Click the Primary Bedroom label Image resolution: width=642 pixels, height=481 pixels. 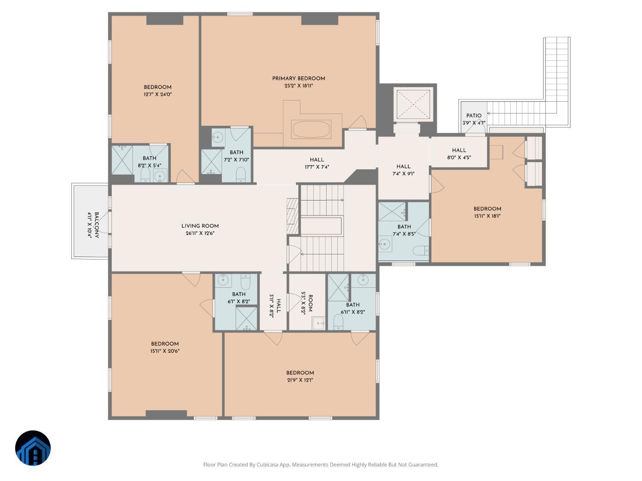pyautogui.click(x=298, y=78)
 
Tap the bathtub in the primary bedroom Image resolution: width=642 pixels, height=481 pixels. pyautogui.click(x=311, y=130)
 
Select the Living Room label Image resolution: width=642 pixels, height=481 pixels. pyautogui.click(x=200, y=226)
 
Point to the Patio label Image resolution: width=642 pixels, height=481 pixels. pyautogui.click(x=474, y=115)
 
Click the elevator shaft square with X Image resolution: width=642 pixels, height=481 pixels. pyautogui.click(x=413, y=104)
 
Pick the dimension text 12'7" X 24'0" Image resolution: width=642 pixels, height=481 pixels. pyautogui.click(x=158, y=94)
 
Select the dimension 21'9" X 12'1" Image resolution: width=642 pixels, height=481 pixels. pyautogui.click(x=300, y=380)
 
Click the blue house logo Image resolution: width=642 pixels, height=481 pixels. pyautogui.click(x=33, y=448)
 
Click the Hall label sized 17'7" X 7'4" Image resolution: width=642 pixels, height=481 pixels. pyautogui.click(x=317, y=160)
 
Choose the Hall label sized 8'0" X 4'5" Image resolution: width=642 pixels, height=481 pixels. pyautogui.click(x=459, y=150)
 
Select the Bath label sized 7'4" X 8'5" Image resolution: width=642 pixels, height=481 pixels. pyautogui.click(x=404, y=227)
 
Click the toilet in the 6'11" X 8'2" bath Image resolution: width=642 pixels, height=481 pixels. pyautogui.click(x=338, y=322)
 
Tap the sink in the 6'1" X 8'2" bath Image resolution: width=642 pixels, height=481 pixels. pyautogui.click(x=223, y=280)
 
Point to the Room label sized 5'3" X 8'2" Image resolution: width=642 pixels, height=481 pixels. pyautogui.click(x=310, y=303)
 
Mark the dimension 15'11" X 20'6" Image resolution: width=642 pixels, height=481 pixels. pyautogui.click(x=165, y=351)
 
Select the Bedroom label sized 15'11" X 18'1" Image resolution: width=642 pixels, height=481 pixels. pyautogui.click(x=487, y=209)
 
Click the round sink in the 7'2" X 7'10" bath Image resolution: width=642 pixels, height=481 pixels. pyautogui.click(x=218, y=138)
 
